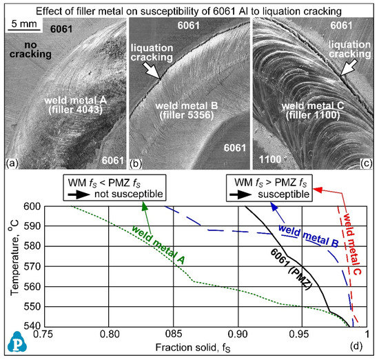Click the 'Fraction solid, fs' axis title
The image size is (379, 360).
coord(201,349)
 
